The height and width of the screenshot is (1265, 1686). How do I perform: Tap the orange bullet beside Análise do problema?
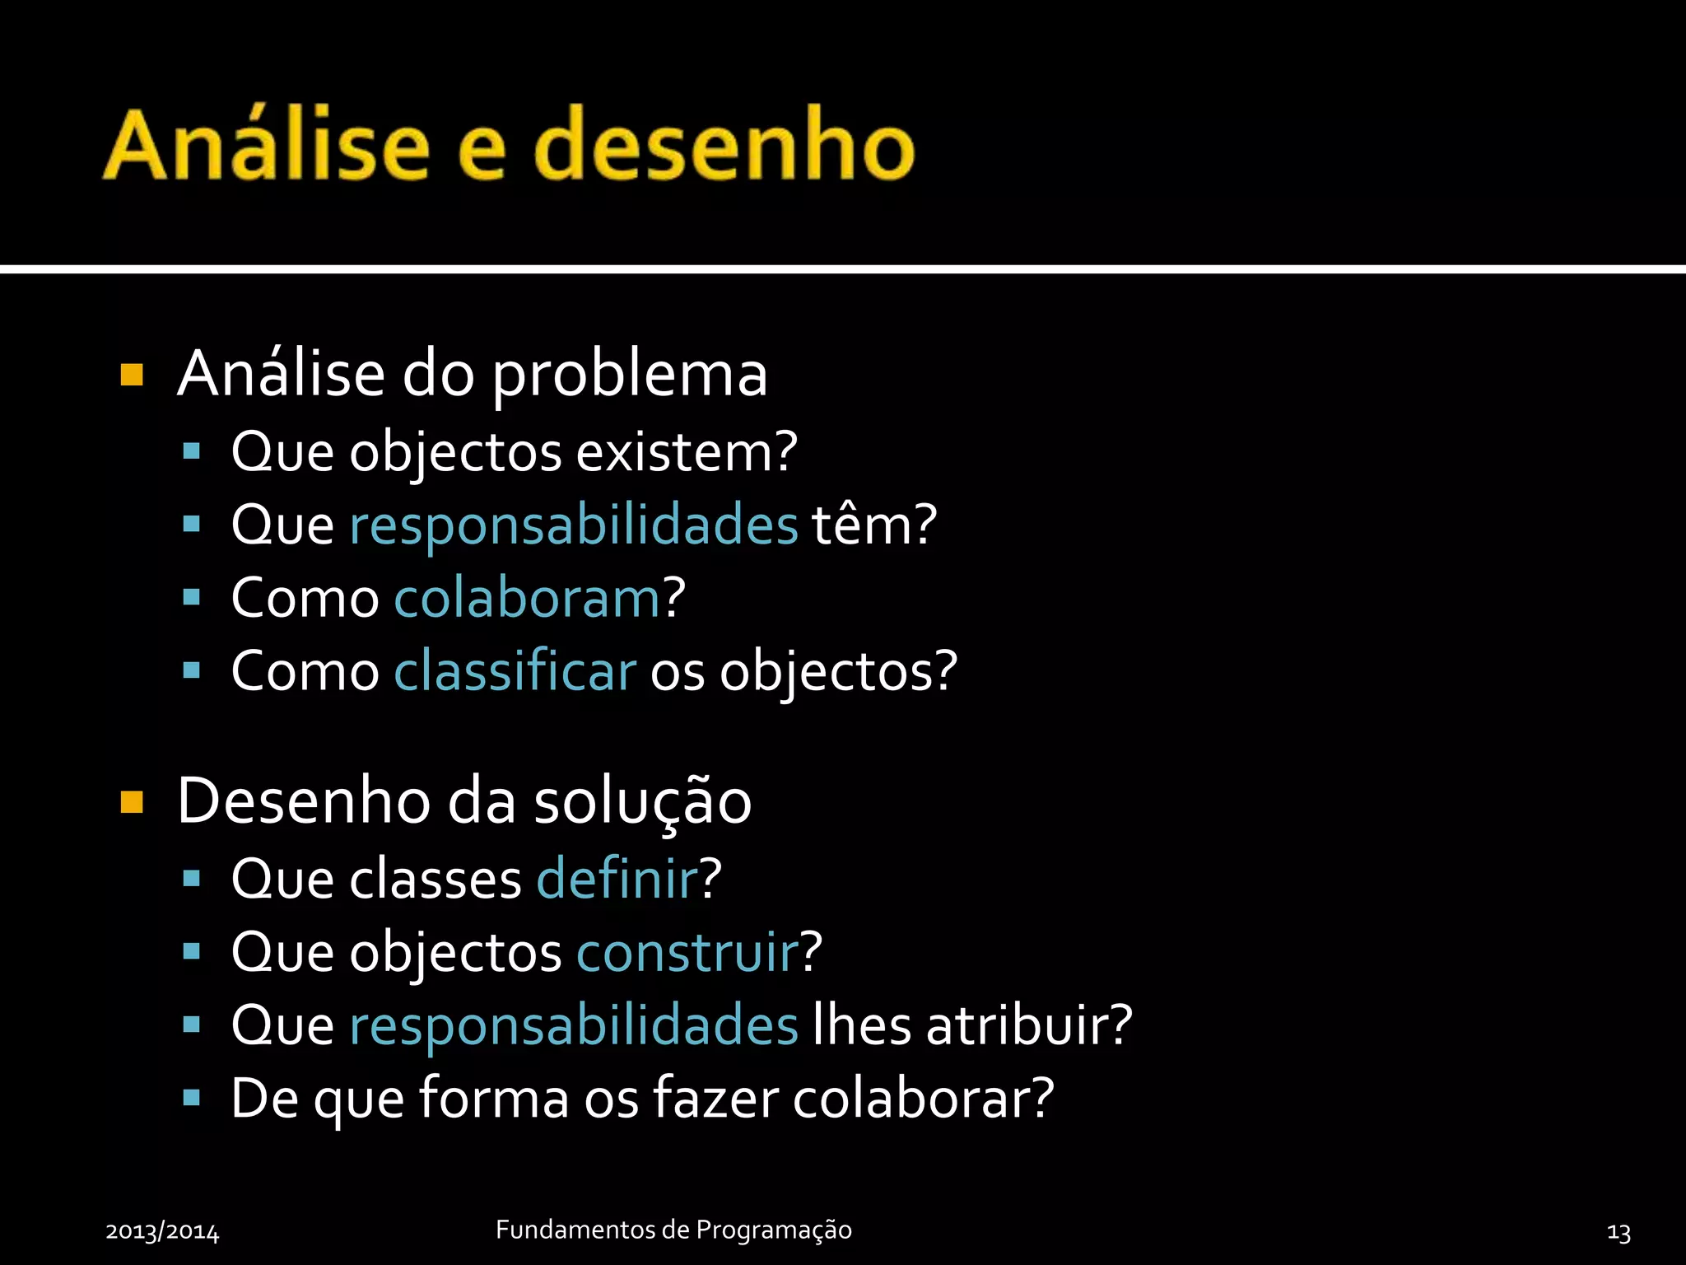[132, 375]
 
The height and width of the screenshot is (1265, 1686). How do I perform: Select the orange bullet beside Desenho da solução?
[132, 801]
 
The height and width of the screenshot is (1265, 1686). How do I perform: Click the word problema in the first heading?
[629, 376]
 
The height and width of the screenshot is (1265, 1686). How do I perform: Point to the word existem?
[686, 452]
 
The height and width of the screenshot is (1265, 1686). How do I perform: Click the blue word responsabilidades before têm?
[573, 525]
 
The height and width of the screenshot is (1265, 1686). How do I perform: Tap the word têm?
[873, 525]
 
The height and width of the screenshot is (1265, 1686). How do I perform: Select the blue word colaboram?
[528, 598]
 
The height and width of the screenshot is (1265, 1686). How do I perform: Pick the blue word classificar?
[515, 670]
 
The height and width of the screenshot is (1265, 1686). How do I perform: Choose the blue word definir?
[617, 879]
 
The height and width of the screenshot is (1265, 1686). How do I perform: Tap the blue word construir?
[688, 952]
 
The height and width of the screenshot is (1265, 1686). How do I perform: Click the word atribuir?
[1028, 1025]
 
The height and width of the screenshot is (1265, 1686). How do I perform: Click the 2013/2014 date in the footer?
[162, 1232]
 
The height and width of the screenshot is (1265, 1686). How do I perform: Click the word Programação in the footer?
[773, 1230]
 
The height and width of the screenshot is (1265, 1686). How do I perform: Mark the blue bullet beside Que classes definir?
[192, 879]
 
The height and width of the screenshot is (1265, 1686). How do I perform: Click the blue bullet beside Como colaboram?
[192, 597]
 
